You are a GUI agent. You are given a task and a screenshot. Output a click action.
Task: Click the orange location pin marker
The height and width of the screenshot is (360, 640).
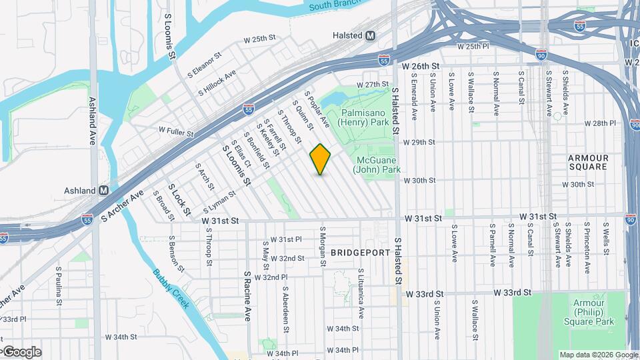(320, 159)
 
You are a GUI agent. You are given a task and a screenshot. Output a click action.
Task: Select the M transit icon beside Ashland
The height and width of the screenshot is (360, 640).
(103, 191)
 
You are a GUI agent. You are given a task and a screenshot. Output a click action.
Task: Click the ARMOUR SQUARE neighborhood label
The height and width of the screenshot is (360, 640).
(588, 162)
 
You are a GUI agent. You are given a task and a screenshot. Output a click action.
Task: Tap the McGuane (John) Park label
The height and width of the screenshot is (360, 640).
(377, 165)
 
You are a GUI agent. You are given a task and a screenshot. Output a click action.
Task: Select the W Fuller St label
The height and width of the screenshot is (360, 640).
(179, 129)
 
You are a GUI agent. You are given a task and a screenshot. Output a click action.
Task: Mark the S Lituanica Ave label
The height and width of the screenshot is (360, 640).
(361, 293)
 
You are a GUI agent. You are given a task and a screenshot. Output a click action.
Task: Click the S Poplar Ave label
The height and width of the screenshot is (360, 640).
(317, 109)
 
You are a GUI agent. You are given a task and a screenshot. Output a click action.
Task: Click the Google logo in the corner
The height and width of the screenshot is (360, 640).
(22, 352)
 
